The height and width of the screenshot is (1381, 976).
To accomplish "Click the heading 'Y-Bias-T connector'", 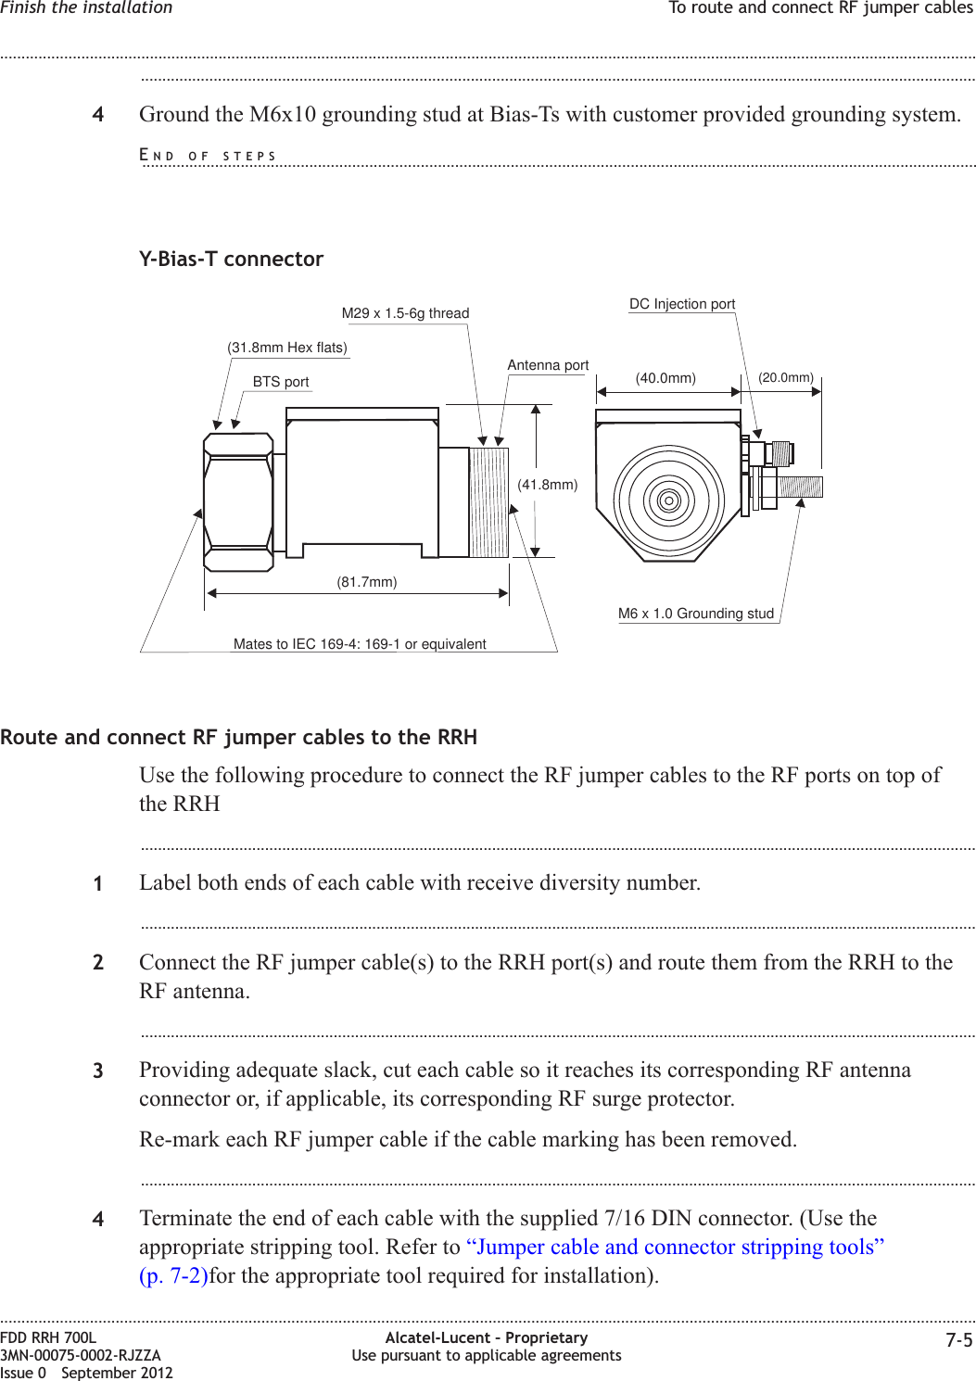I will [x=231, y=260].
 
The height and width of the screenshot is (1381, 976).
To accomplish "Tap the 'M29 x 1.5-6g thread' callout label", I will [x=405, y=313].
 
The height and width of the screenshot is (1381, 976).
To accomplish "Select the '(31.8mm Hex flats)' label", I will [x=287, y=348].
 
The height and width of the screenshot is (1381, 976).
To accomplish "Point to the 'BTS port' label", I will [x=281, y=382].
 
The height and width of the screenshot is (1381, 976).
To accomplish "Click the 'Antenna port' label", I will [x=548, y=365].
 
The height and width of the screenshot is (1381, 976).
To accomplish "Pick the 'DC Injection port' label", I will [x=682, y=304].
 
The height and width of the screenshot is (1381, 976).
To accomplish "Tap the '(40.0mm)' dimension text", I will [x=665, y=378].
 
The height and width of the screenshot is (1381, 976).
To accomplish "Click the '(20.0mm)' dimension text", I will [x=786, y=377].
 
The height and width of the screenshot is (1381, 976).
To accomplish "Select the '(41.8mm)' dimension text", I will [x=548, y=485].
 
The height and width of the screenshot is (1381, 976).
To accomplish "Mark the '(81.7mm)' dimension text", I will [x=367, y=582].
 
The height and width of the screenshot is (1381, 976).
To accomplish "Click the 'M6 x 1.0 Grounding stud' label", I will [x=696, y=614].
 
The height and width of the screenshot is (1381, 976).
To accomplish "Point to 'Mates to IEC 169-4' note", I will [x=360, y=644].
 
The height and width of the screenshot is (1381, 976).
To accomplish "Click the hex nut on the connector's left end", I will [x=238, y=501].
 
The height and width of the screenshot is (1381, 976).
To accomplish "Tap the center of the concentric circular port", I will [x=669, y=500].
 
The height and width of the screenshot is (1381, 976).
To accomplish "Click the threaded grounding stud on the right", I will [x=800, y=487].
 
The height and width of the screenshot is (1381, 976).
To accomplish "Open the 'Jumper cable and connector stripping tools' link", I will [x=675, y=1248].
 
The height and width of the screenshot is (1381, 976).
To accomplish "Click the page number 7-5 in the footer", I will [x=959, y=1341].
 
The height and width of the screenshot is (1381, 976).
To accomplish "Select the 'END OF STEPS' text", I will [x=208, y=156].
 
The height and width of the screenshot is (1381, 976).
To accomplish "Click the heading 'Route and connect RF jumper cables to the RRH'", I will [x=239, y=738].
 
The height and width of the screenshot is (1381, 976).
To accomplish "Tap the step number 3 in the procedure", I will [x=98, y=1071].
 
